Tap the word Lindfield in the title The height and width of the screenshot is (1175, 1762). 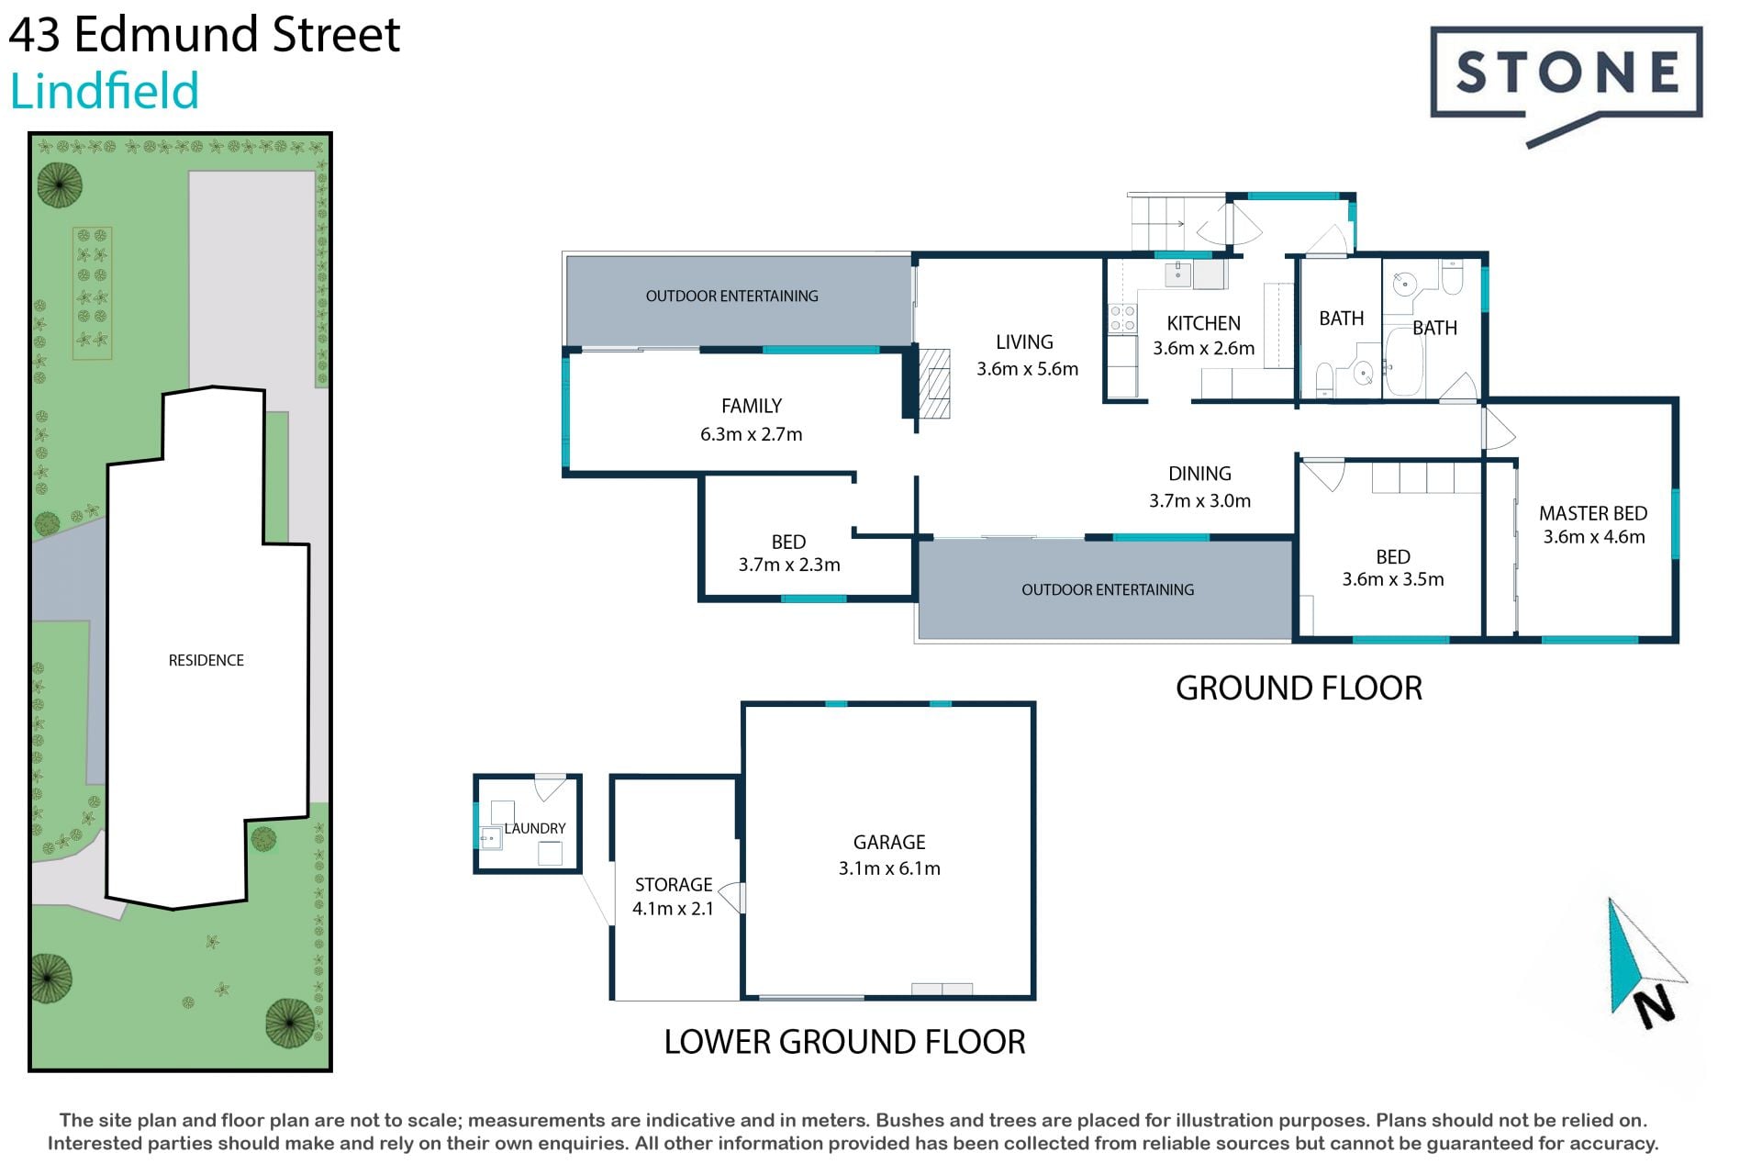[x=104, y=92]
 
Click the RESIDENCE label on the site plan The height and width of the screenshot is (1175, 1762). [x=206, y=660]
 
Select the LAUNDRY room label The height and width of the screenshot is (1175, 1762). [x=535, y=828]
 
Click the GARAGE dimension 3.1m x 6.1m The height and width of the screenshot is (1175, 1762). [x=889, y=868]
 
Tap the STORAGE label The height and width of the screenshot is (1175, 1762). [x=674, y=885]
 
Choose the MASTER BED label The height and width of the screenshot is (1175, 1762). [x=1593, y=513]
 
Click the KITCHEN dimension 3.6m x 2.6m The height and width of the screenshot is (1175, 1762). [x=1203, y=348]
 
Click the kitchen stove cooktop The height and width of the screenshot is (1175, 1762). [x=1122, y=319]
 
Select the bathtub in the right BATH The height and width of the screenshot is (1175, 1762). [x=1404, y=362]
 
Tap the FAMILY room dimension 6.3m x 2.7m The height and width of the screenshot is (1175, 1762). [x=751, y=434]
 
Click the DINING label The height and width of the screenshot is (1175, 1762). [x=1199, y=474]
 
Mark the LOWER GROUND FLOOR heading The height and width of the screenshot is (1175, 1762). [x=844, y=1042]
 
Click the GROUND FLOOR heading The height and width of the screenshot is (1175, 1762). [x=1299, y=688]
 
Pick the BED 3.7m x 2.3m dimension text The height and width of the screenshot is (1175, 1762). [x=789, y=565]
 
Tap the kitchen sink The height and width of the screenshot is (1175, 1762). [x=1178, y=274]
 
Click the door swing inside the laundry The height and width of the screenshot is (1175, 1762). [x=551, y=788]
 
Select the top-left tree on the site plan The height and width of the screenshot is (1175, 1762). [x=60, y=185]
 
